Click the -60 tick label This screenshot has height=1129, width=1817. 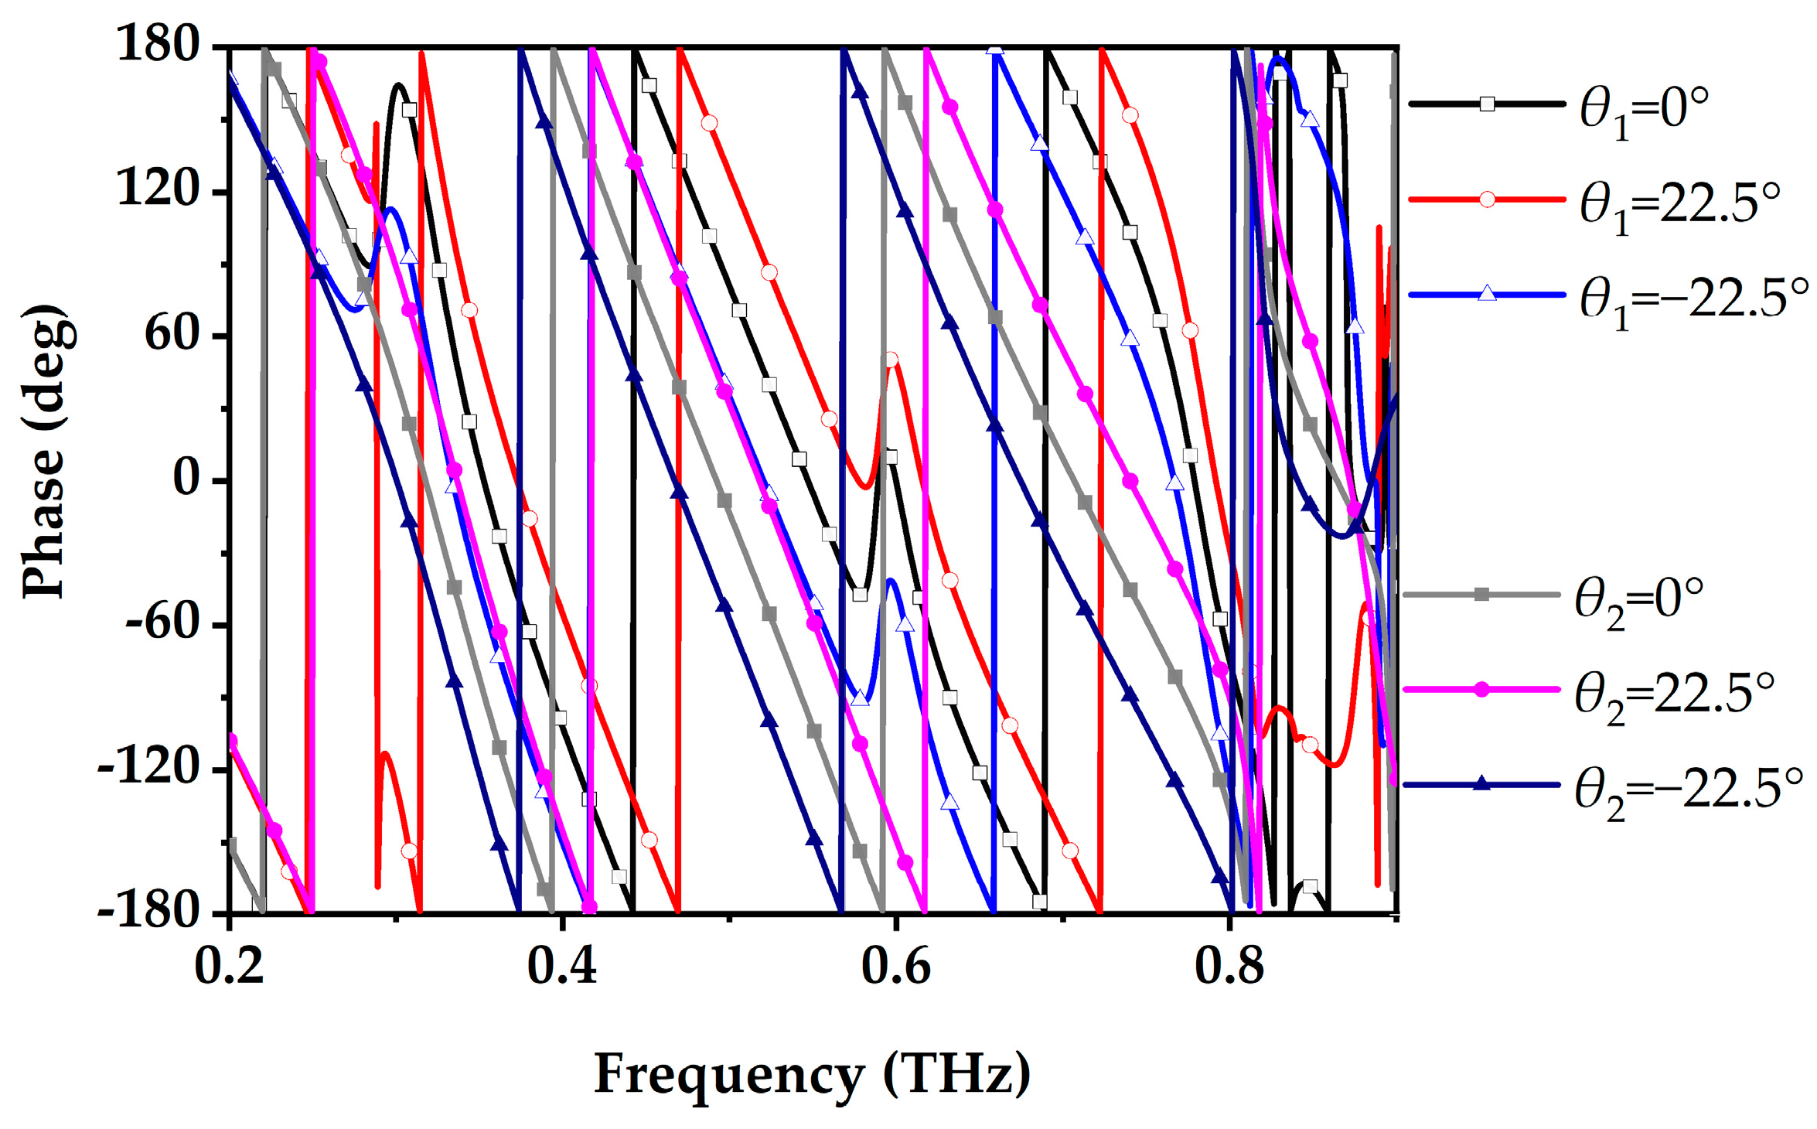164,622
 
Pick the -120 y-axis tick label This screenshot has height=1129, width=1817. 149,767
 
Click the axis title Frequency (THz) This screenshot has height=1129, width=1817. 812,1073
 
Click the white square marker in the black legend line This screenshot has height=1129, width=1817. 1487,104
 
